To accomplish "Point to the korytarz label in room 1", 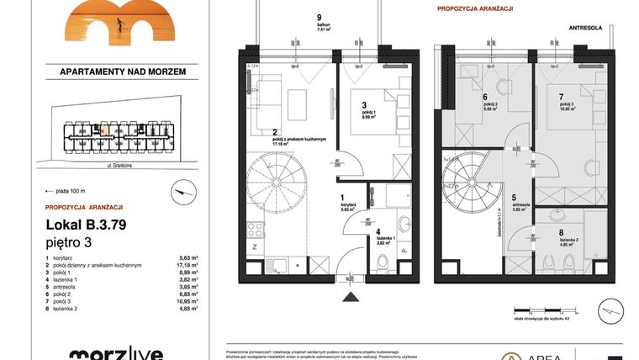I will (x=345, y=206).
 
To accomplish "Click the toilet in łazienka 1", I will (x=383, y=262).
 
